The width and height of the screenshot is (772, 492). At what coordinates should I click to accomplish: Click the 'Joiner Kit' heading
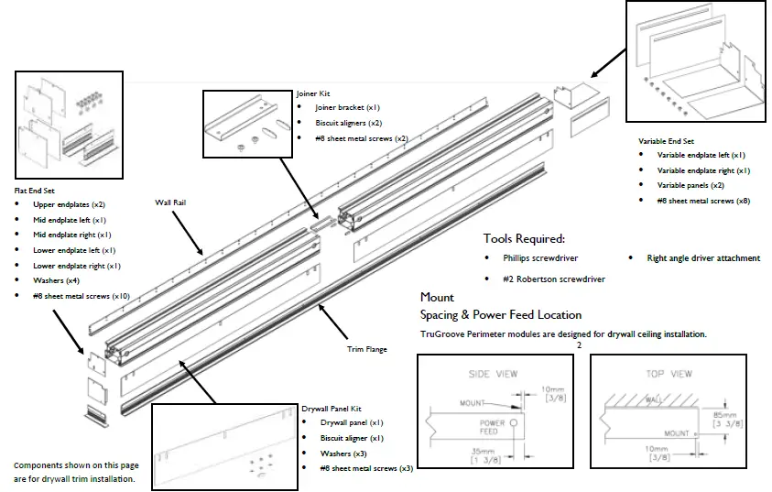(312, 93)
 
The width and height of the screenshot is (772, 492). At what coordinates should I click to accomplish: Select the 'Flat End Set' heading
(35, 190)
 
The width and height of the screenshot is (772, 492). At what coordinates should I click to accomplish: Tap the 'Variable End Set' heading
(667, 141)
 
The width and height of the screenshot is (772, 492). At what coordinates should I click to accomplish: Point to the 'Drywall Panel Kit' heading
(332, 408)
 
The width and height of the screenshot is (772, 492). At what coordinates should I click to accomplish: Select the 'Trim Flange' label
(366, 348)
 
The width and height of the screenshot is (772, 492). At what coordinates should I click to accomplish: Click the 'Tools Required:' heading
(524, 238)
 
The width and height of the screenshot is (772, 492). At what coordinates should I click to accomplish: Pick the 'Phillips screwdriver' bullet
(540, 258)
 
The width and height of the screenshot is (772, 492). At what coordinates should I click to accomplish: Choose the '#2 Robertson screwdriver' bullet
(553, 279)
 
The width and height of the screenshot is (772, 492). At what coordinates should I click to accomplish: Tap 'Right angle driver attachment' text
(702, 258)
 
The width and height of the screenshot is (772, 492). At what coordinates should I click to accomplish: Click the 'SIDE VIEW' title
(493, 374)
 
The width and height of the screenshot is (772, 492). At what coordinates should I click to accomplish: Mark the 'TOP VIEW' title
(669, 374)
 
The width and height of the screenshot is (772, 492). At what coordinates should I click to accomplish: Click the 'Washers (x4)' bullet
(56, 280)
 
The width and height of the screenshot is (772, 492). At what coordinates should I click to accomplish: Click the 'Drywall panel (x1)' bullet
(352, 422)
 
